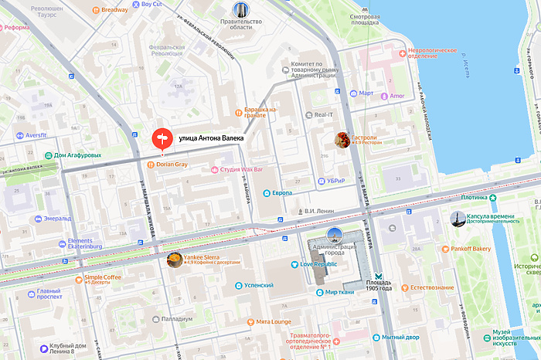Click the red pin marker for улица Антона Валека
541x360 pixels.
point(162,138)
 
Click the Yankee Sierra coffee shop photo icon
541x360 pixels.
point(174,260)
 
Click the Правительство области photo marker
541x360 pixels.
point(242,10)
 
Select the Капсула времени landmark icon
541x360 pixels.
point(458,218)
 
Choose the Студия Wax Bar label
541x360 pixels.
point(241,168)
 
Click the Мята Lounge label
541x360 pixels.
point(274,321)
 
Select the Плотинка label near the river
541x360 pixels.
point(478,197)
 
